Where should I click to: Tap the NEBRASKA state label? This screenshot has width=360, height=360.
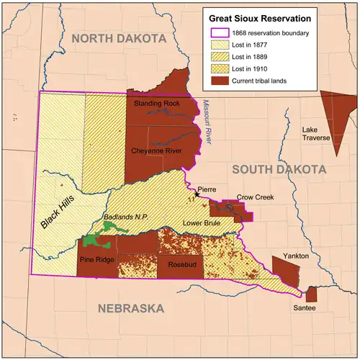tap(130, 308)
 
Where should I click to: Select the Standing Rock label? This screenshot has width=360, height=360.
tap(156, 104)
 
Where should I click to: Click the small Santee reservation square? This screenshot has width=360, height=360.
tap(311, 294)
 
